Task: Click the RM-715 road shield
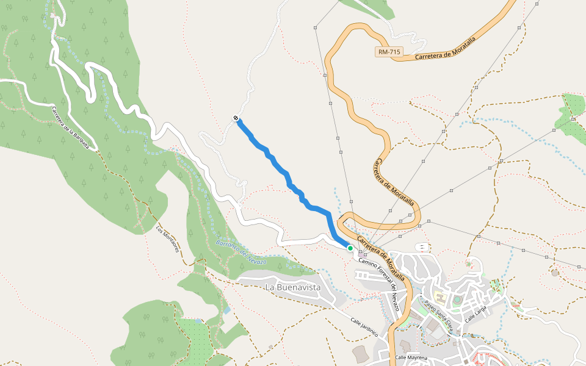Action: tap(389, 52)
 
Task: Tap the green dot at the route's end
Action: tap(350, 248)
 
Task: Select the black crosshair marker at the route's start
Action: tap(236, 118)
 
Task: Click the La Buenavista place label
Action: tap(293, 287)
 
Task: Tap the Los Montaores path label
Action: tap(169, 240)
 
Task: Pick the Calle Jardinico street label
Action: tap(364, 327)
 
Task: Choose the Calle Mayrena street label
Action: tap(411, 357)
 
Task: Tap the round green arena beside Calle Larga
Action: tap(457, 300)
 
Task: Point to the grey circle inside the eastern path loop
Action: tap(555, 273)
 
